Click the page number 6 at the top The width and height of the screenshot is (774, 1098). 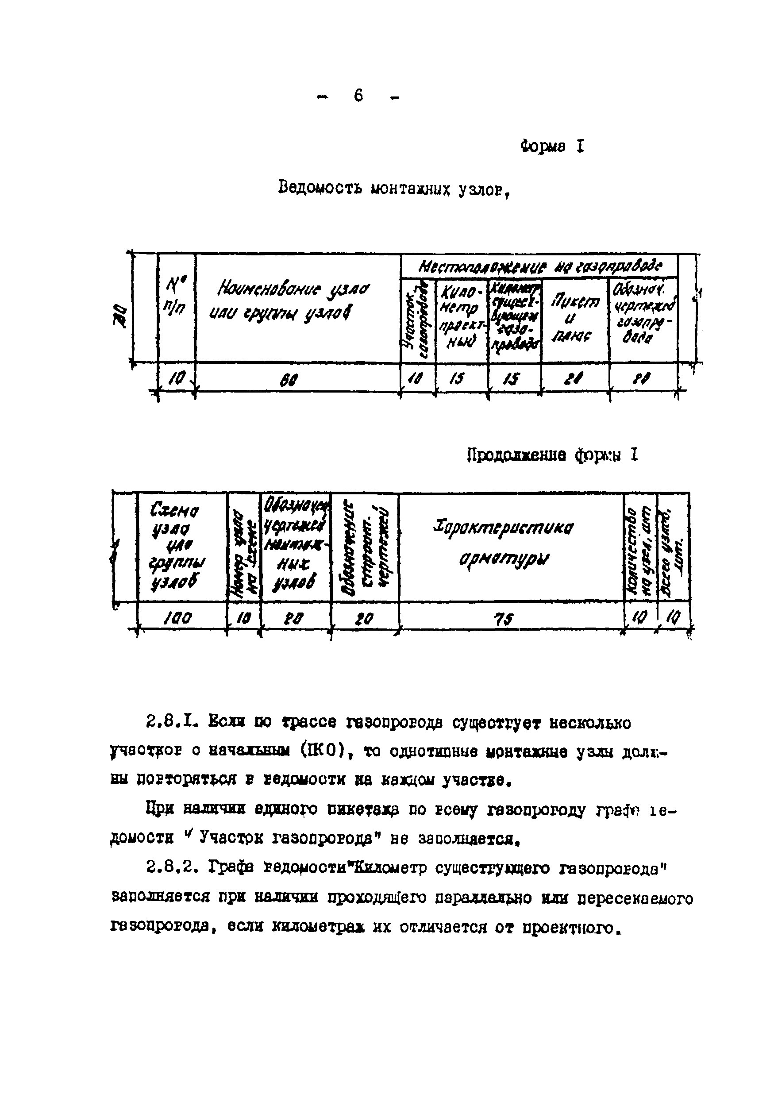(x=358, y=96)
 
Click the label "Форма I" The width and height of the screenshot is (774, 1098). (x=552, y=146)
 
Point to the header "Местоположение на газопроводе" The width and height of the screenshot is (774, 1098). (x=540, y=266)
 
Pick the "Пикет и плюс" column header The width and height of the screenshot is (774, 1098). (x=575, y=318)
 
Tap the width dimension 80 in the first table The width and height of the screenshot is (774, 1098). (x=288, y=380)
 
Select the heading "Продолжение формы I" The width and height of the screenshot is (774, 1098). (x=552, y=455)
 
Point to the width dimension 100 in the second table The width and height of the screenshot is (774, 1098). (x=178, y=619)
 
